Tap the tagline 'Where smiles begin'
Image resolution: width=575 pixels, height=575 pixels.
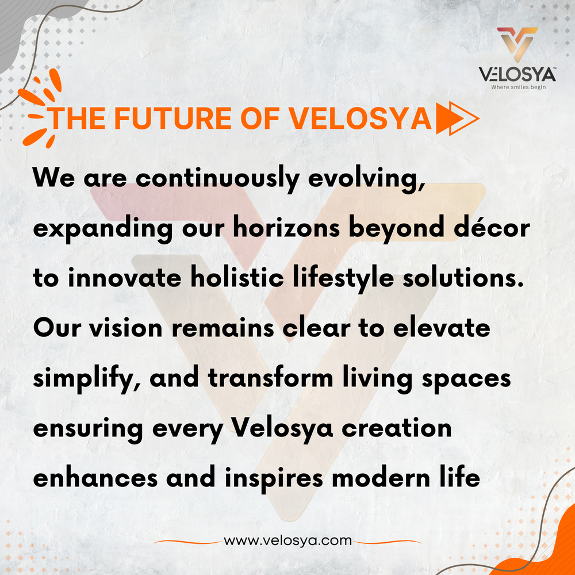pos(518,87)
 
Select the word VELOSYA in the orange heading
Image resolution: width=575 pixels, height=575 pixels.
pos(360,118)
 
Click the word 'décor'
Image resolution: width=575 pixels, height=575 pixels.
pos(493,228)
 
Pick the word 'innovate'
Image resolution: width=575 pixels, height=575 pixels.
pos(124,278)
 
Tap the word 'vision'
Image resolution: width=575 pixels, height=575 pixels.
pos(126,328)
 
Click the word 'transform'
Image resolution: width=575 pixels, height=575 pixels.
pos(270,378)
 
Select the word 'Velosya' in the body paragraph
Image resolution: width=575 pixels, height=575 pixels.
pos(282,429)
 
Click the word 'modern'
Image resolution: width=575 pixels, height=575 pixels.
pos(381,478)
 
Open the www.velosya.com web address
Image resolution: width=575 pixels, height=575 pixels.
pos(287,540)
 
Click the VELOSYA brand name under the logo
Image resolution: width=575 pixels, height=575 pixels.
pos(517,75)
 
